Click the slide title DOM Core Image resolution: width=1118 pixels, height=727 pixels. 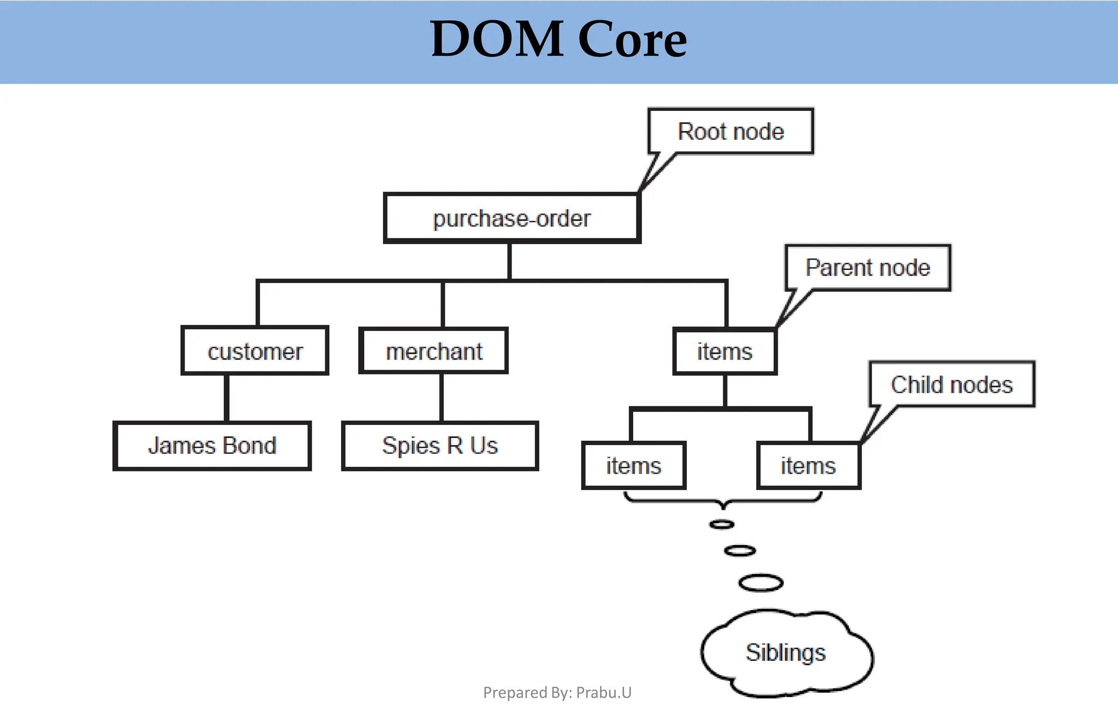tap(558, 39)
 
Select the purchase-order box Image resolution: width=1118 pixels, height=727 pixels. tap(512, 218)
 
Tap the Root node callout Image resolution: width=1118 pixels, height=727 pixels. tap(730, 132)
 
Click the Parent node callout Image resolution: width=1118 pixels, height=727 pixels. tap(867, 268)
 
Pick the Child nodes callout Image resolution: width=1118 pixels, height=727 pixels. tap(952, 385)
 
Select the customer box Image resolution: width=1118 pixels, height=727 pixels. tap(255, 351)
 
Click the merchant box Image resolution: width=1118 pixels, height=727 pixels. tap(434, 351)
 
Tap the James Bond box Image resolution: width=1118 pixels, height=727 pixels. tap(212, 446)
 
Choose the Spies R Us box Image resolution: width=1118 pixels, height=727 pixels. tap(440, 446)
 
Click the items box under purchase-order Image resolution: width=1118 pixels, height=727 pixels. tap(724, 351)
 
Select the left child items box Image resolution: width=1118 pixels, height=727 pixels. tap(633, 466)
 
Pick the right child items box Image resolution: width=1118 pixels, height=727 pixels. tap(808, 466)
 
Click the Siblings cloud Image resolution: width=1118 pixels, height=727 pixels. tap(786, 653)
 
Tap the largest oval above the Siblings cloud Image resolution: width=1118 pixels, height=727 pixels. tap(760, 583)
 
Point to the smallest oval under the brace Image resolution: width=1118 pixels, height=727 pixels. tap(722, 524)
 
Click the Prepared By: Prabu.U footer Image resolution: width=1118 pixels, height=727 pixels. tap(557, 693)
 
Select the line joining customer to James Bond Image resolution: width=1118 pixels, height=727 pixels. tap(226, 398)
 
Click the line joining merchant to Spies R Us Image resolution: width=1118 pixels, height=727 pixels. tap(441, 398)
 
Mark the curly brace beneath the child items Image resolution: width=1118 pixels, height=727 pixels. tap(722, 500)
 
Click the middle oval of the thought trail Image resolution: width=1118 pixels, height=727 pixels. tap(740, 551)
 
